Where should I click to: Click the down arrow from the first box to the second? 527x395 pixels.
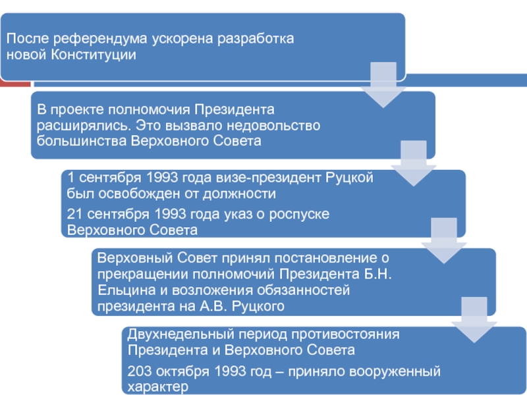tap(383, 84)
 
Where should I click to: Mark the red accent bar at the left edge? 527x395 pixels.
tap(14, 84)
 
